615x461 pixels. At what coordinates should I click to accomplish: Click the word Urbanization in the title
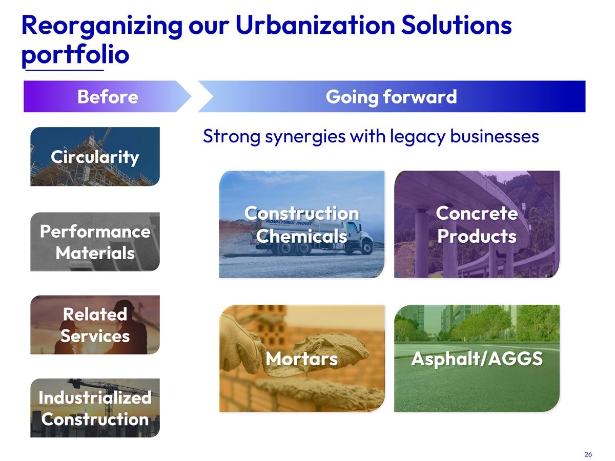315,25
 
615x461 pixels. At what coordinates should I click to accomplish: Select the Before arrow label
108,97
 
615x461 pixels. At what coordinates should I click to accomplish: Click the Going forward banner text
391,97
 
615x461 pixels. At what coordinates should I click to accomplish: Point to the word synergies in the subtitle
305,137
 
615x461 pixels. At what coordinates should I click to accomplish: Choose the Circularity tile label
95,157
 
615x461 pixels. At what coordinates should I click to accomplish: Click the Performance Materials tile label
95,242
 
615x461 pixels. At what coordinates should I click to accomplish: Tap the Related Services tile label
95,325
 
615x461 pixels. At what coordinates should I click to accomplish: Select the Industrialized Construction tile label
95,408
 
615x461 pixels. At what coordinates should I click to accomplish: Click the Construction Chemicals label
301,224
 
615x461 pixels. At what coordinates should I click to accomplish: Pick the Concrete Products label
477,224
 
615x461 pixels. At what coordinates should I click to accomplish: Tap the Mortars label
302,359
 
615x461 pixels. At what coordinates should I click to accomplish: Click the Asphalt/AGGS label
477,359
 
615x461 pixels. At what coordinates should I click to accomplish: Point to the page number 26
588,454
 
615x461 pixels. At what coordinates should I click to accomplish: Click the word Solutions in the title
457,25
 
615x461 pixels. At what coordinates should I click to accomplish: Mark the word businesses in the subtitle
495,136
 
